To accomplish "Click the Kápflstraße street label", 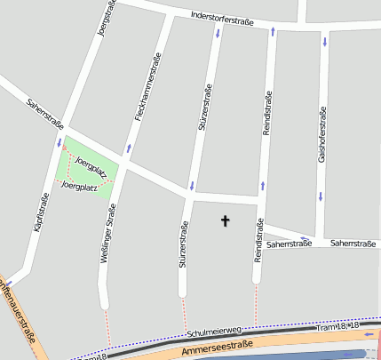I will tap(40, 214).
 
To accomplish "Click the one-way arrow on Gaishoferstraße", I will tap(324, 41).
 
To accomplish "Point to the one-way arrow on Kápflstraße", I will tap(60, 142).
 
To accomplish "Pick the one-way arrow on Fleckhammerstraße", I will tap(129, 148).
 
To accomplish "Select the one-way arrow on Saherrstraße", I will tap(305, 237).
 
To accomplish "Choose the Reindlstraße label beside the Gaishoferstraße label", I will tap(266, 113).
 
